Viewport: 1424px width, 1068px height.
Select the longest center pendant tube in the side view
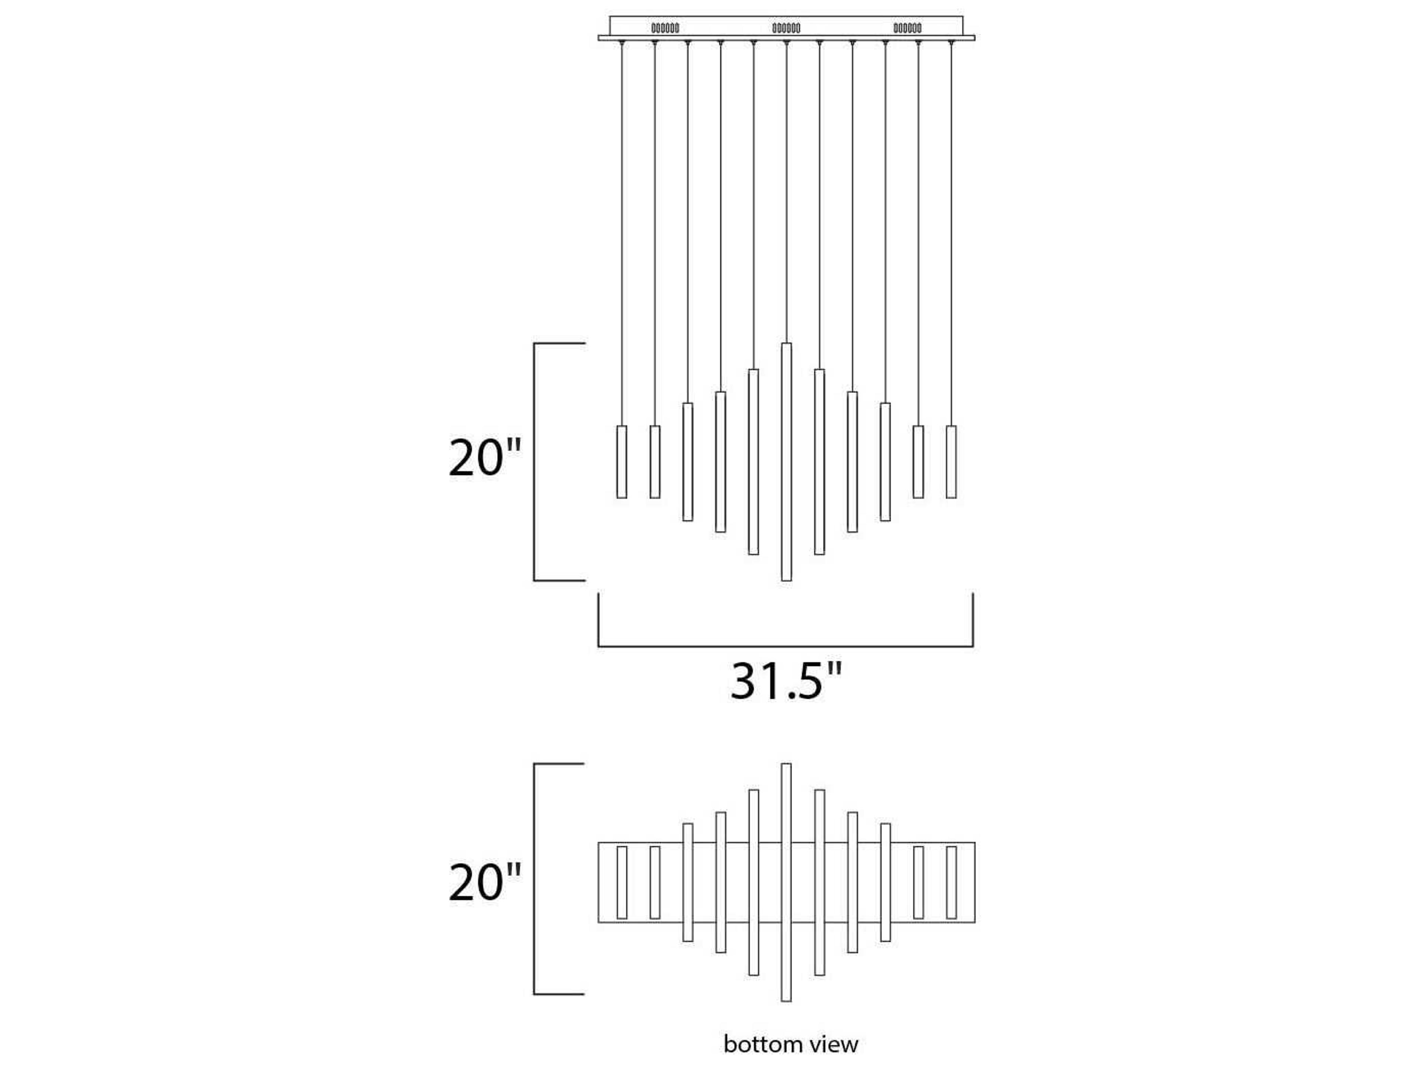coord(786,462)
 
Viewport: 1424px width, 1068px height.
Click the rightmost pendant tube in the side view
coord(951,462)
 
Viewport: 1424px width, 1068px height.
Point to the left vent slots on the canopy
coord(665,28)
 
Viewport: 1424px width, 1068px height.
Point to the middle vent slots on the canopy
coord(786,28)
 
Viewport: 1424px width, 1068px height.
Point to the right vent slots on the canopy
coord(907,28)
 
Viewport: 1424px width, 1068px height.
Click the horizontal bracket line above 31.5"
coord(785,646)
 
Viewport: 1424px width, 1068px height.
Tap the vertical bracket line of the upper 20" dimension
coord(534,462)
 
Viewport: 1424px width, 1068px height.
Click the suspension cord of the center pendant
coord(786,193)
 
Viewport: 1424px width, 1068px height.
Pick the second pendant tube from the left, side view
coord(655,462)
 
